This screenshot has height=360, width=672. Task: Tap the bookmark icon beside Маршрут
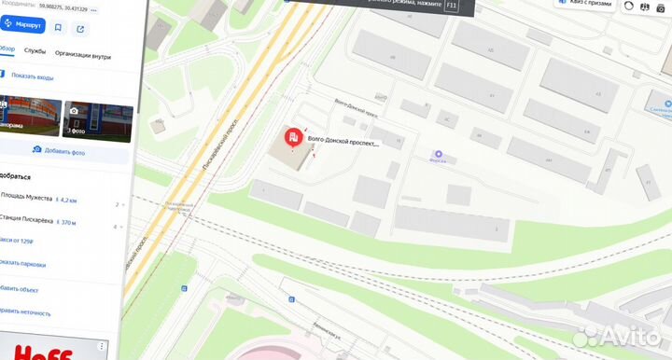(x=58, y=28)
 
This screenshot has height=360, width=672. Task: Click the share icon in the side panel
(x=80, y=28)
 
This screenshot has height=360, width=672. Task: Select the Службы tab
(x=35, y=53)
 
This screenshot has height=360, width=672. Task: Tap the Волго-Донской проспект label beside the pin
(x=344, y=144)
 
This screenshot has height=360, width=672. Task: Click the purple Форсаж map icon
(x=438, y=154)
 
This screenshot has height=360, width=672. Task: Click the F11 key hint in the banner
(x=453, y=6)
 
